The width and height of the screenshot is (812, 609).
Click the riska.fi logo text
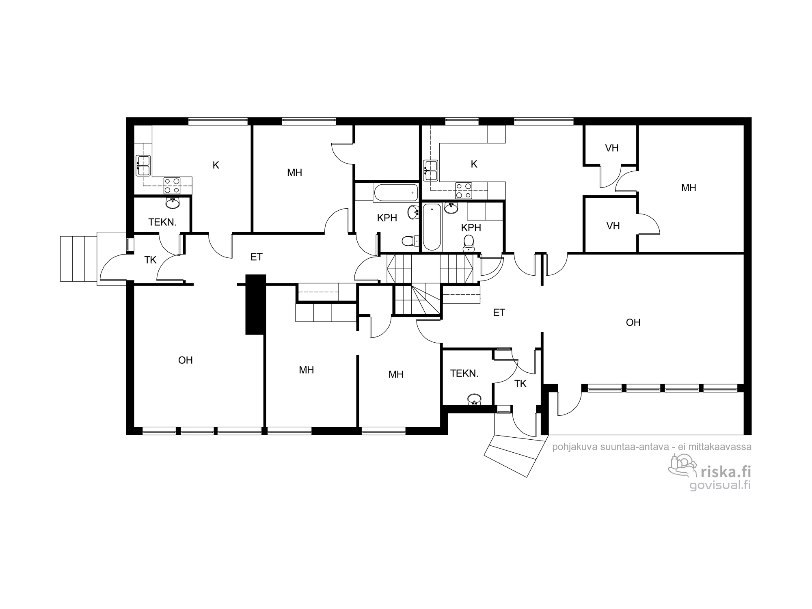[726, 472]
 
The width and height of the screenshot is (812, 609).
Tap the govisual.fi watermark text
[720, 485]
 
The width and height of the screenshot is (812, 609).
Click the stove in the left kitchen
[172, 186]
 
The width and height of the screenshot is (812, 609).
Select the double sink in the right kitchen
[430, 171]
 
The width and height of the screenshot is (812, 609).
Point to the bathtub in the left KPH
[396, 193]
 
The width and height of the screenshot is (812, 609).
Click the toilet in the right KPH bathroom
[469, 242]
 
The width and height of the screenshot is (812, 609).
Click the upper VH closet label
[612, 148]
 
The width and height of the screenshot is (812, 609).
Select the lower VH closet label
[613, 226]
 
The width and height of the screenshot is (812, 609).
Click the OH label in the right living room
[633, 322]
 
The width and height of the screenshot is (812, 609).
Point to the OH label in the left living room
[186, 360]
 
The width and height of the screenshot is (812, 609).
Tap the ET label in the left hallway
[257, 257]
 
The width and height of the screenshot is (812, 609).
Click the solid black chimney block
[256, 304]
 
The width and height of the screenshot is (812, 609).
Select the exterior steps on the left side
[78, 259]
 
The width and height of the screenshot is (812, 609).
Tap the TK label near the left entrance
[150, 260]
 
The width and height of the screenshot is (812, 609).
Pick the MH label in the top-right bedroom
[689, 188]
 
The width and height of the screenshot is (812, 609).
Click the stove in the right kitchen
[464, 190]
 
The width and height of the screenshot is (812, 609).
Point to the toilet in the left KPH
[409, 241]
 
